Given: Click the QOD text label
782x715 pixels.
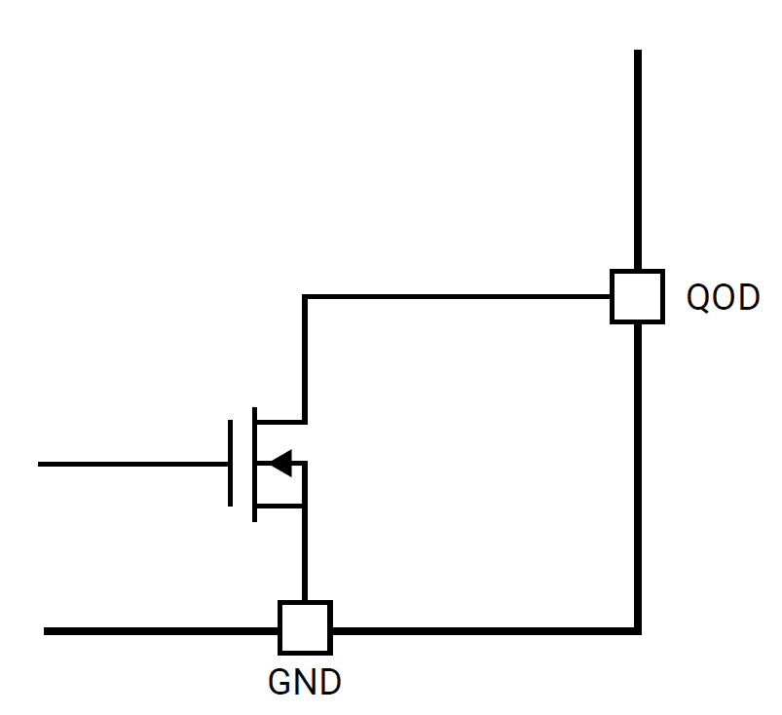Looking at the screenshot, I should click(723, 297).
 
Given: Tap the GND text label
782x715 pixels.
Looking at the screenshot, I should click(305, 682).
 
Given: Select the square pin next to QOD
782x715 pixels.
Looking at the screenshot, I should click(638, 296).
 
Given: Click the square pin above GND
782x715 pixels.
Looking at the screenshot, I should click(305, 628).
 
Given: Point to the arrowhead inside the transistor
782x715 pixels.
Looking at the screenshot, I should click(280, 464).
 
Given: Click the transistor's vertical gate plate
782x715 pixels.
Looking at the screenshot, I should click(231, 464).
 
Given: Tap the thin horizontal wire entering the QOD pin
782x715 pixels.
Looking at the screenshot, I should click(458, 296).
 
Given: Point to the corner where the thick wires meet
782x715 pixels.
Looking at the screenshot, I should click(638, 630).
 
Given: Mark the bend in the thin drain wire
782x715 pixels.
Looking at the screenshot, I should click(305, 296).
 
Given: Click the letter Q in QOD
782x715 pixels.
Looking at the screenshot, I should click(699, 297).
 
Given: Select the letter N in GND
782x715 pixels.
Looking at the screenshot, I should click(305, 682).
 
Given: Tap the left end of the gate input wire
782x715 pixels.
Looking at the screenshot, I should click(41, 464).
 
